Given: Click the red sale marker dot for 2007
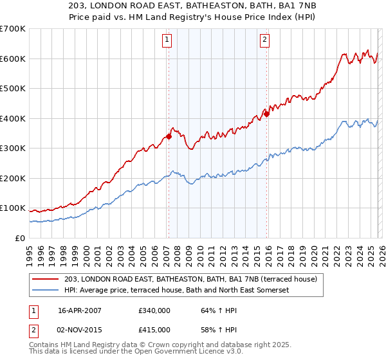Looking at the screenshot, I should point(169,136).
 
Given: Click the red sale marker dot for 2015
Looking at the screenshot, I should point(266,114).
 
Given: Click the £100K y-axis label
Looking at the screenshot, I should point(13,208).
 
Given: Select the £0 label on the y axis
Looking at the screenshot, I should point(19,239).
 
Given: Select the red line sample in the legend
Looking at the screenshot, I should point(46,279).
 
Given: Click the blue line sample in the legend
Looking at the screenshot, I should point(46,291).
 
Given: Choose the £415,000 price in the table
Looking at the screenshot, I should point(154,329).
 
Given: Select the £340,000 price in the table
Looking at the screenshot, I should point(154,310).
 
